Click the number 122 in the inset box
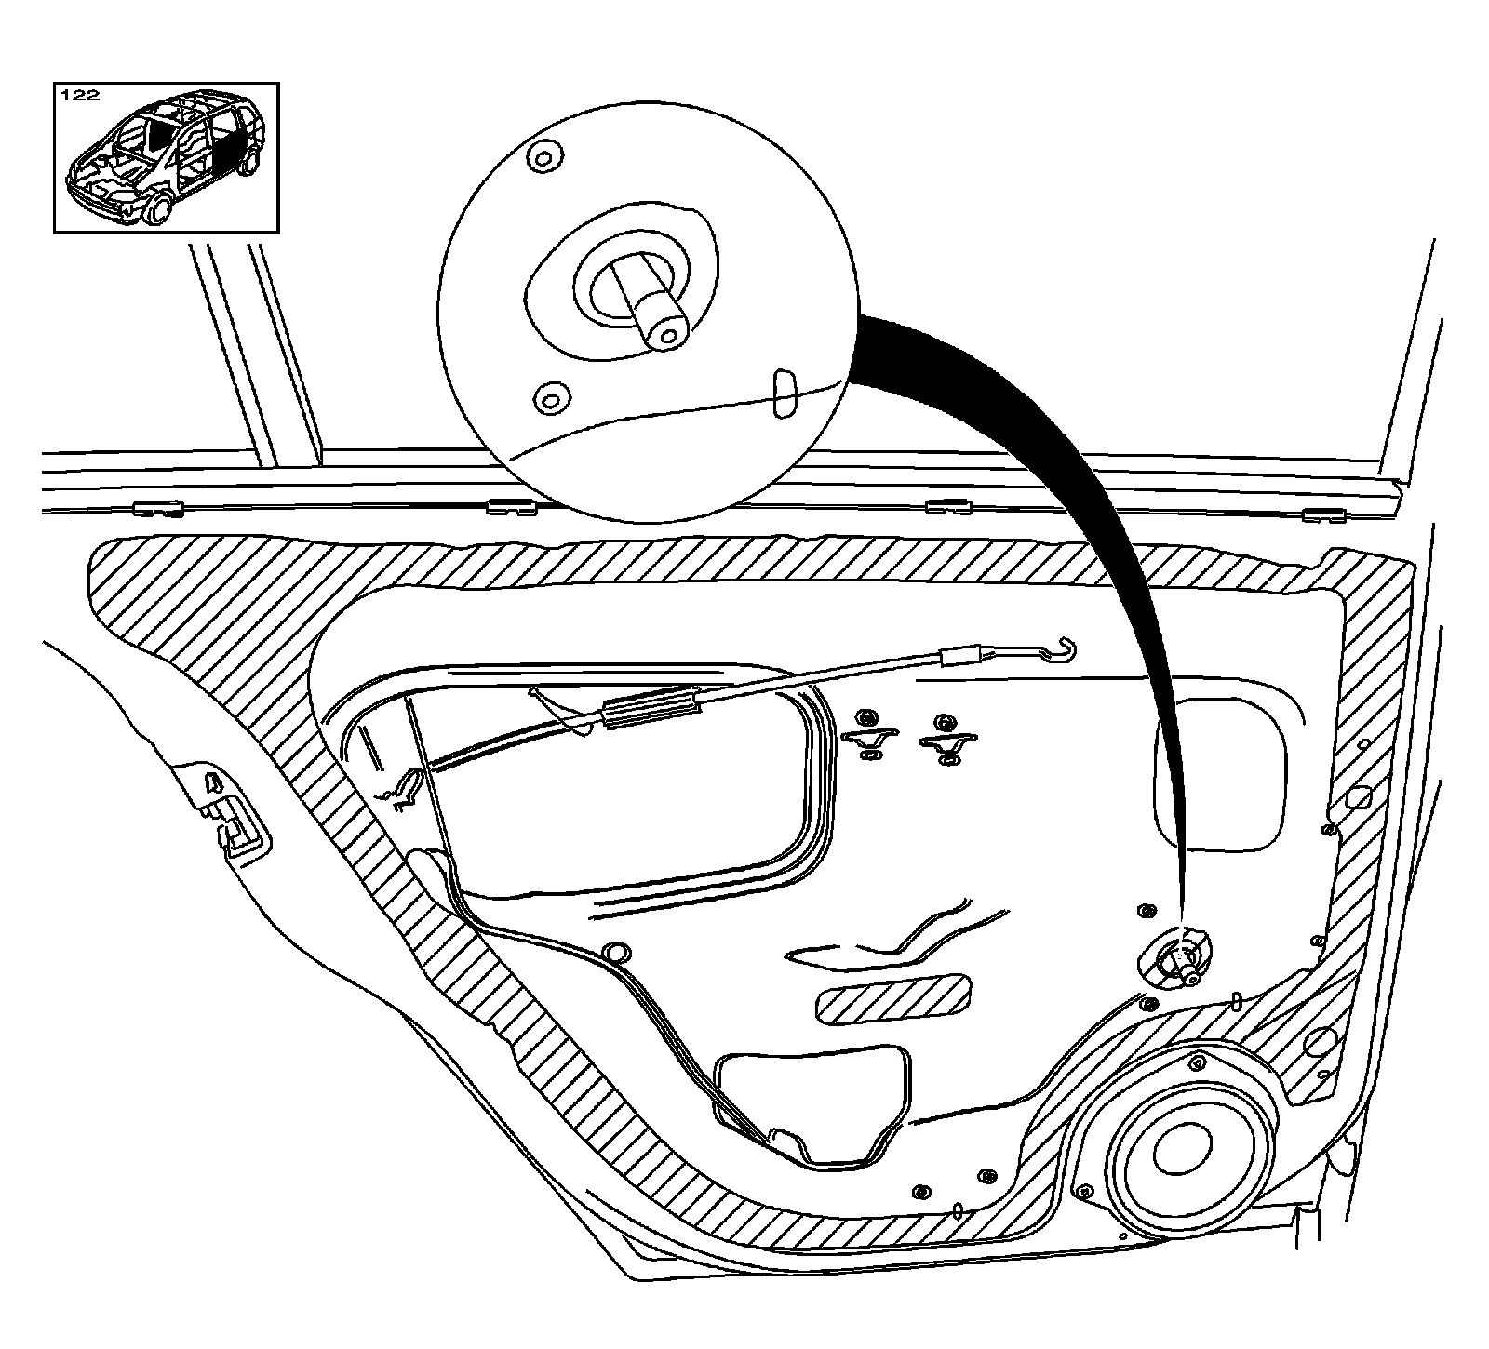pos(79,96)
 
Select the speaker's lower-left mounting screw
pos(1084,1191)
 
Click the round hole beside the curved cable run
pos(614,952)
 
